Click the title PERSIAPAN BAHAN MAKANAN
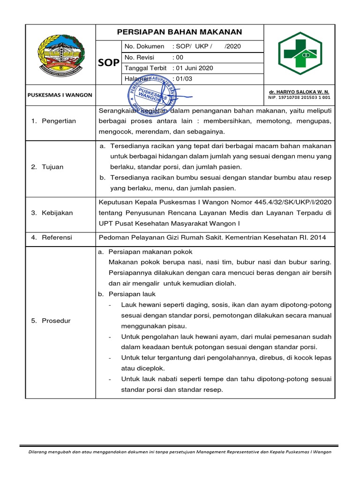point(180,32)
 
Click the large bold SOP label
point(108,62)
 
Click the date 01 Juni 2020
point(193,68)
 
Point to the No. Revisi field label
point(140,57)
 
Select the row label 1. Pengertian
point(53,121)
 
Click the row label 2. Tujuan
point(47,167)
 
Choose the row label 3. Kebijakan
point(52,213)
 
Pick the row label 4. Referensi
point(52,238)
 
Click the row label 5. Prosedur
point(51,321)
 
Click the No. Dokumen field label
point(144,46)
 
